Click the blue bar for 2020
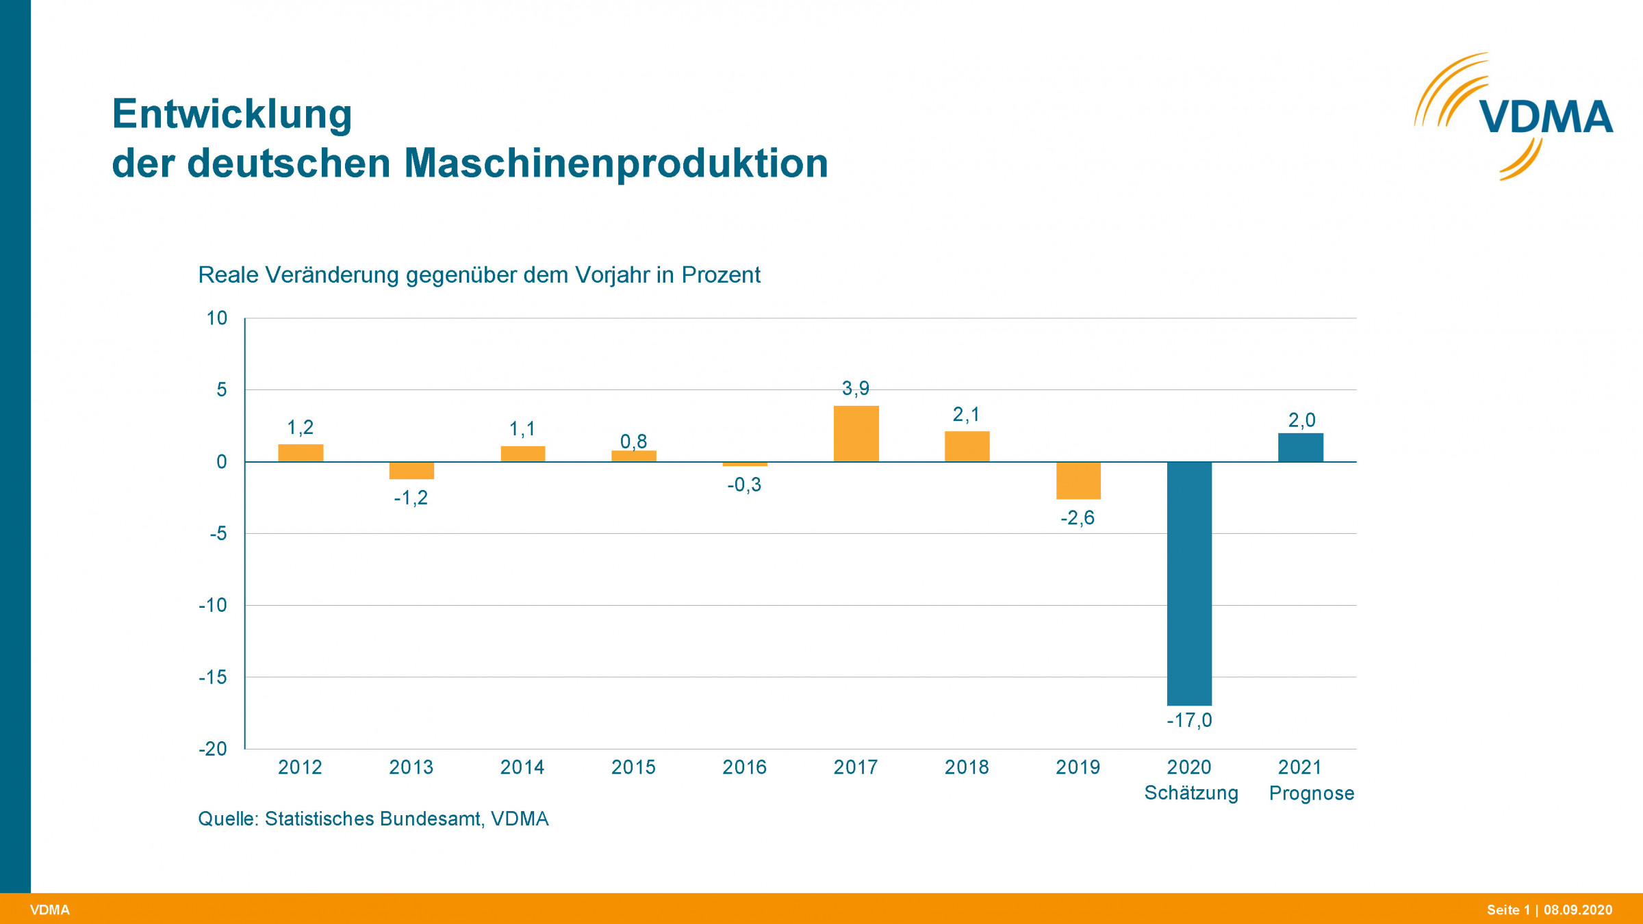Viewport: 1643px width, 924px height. click(x=1189, y=583)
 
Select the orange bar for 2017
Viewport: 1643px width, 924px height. click(x=856, y=434)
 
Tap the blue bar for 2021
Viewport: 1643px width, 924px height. click(x=1300, y=448)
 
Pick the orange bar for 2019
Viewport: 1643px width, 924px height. click(x=1078, y=480)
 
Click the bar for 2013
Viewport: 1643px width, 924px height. click(x=411, y=470)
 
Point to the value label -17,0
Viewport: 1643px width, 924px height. click(x=1189, y=720)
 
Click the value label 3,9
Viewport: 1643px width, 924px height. click(x=856, y=388)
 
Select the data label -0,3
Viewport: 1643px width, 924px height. click(x=744, y=485)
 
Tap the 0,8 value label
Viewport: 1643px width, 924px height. click(x=633, y=441)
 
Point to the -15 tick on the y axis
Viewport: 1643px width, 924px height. click(x=213, y=677)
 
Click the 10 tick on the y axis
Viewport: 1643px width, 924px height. click(x=217, y=318)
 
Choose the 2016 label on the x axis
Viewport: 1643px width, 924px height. click(x=744, y=767)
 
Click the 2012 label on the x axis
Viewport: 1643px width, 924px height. click(x=300, y=767)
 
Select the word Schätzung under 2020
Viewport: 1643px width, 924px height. click(x=1191, y=793)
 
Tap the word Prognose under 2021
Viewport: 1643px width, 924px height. click(x=1312, y=793)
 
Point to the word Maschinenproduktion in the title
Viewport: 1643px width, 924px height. click(x=616, y=164)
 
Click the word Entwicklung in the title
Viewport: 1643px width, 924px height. click(x=232, y=114)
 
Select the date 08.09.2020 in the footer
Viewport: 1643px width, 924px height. click(x=1578, y=910)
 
